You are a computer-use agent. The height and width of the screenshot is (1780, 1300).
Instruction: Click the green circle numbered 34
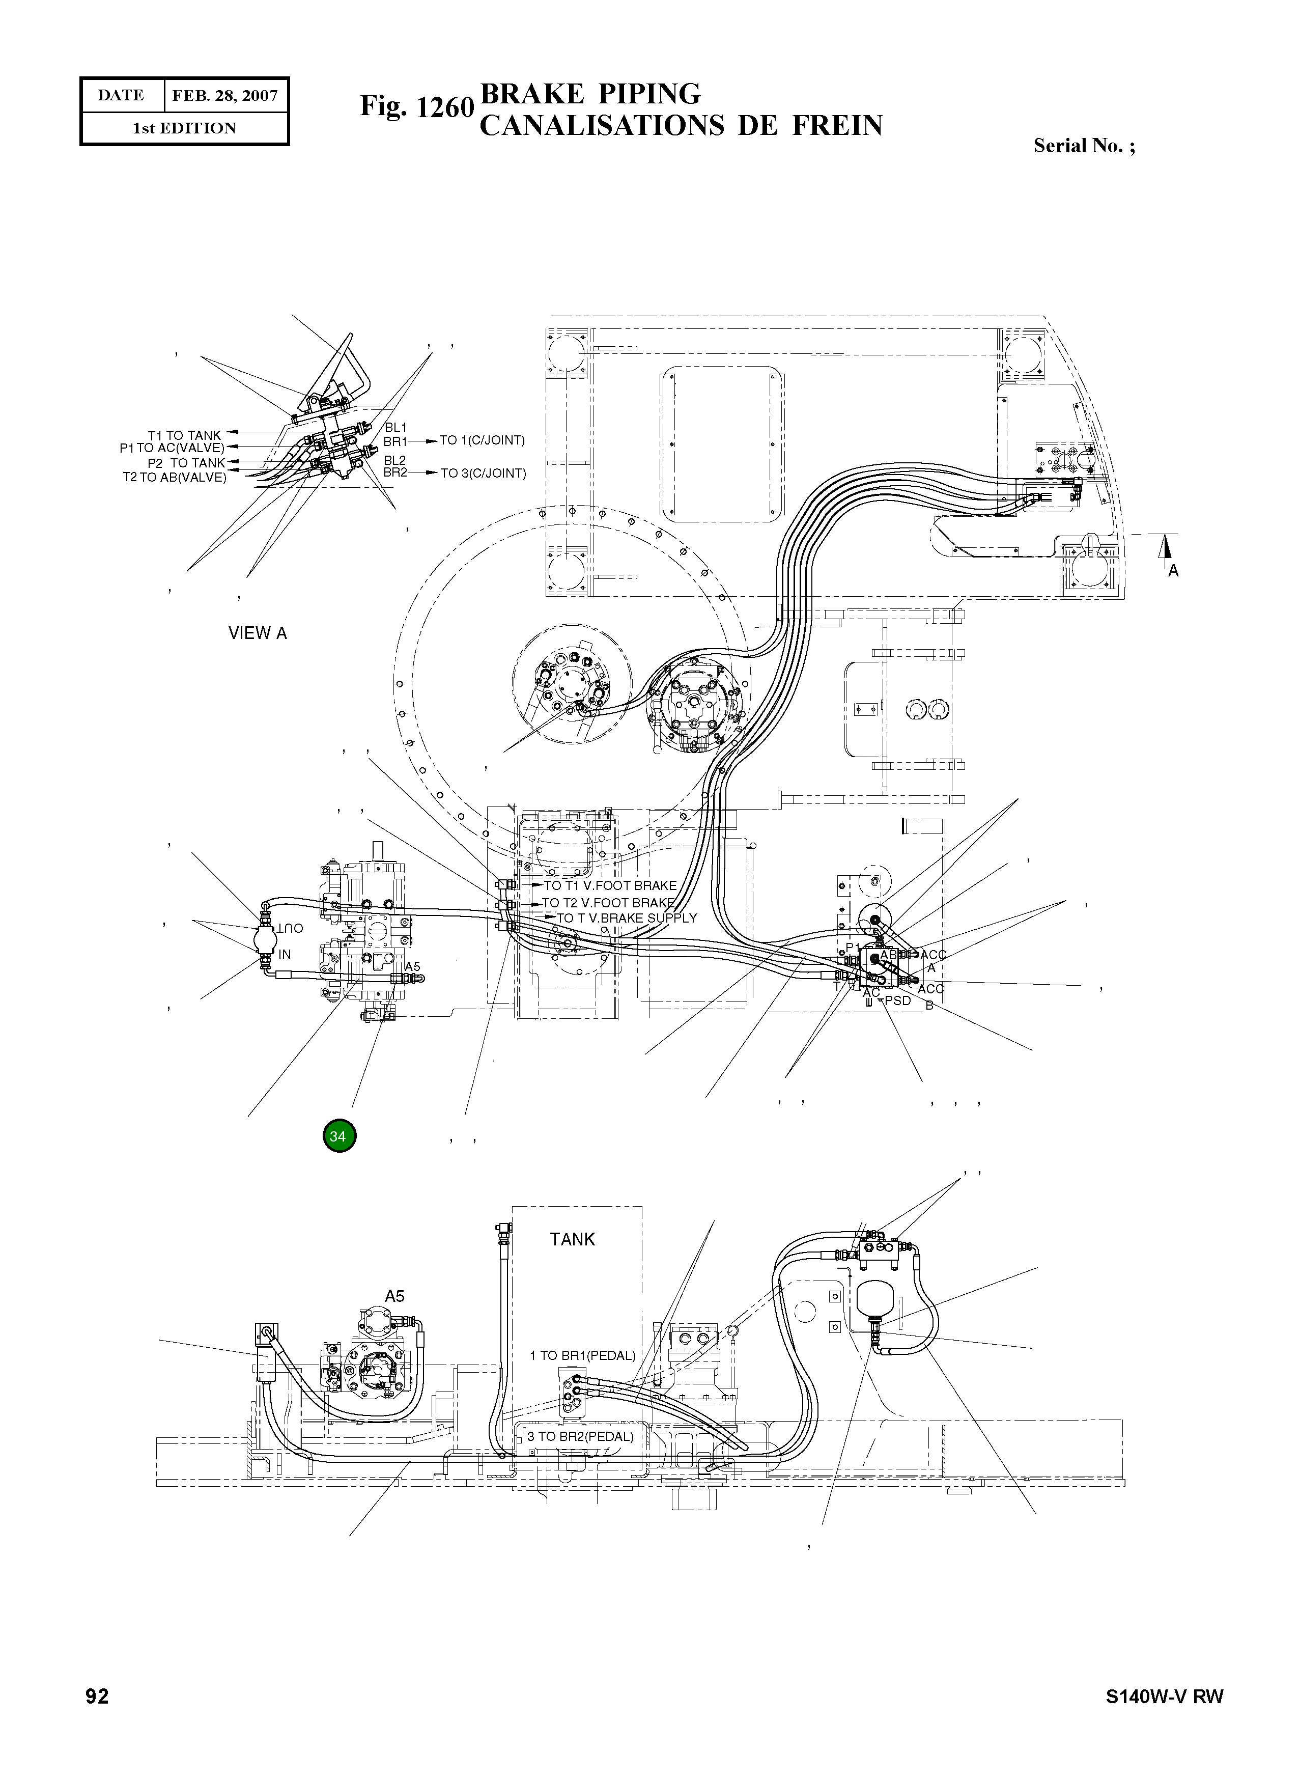click(x=339, y=1136)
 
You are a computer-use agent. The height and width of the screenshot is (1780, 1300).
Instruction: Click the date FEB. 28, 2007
click(x=225, y=96)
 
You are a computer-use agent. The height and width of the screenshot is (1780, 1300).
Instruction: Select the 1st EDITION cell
click(x=184, y=128)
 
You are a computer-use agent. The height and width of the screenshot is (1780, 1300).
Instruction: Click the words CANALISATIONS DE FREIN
click(x=681, y=126)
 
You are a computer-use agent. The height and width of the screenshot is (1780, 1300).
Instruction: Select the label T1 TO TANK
click(x=184, y=435)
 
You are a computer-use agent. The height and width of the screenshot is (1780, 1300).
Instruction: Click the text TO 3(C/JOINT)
click(x=483, y=473)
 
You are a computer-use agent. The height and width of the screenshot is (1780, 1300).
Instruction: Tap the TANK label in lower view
click(x=572, y=1239)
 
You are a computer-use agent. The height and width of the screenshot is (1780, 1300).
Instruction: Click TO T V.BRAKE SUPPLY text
click(x=627, y=918)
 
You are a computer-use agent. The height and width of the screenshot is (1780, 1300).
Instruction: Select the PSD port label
click(x=897, y=1000)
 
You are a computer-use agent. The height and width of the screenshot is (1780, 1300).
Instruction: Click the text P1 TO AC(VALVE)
click(x=173, y=448)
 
